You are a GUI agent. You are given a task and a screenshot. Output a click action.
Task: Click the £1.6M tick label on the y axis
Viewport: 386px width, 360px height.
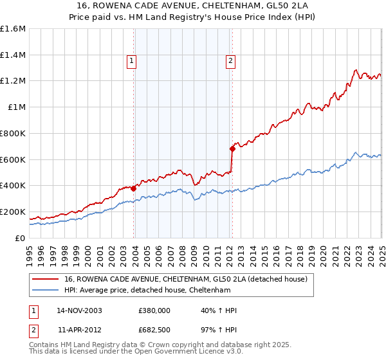click(13, 29)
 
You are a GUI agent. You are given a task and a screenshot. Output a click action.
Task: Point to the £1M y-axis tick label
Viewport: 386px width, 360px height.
click(16, 107)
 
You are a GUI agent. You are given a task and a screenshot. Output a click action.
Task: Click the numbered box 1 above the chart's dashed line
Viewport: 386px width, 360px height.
click(131, 61)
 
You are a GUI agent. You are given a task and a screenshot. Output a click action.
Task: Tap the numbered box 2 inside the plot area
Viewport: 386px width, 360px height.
click(230, 61)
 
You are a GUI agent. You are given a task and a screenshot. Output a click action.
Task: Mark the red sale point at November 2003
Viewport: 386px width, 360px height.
click(133, 188)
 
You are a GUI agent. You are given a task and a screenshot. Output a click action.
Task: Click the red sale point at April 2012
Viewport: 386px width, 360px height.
click(232, 148)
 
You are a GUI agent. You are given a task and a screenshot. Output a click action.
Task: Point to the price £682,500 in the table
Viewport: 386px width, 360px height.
click(155, 330)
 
